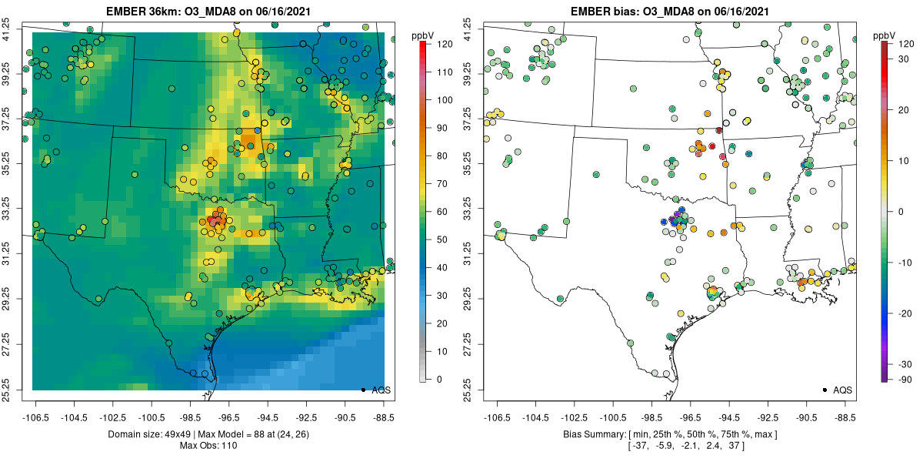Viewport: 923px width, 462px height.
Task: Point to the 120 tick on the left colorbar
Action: click(442, 44)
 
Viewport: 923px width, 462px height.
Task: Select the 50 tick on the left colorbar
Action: click(442, 239)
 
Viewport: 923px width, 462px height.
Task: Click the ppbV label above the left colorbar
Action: click(423, 35)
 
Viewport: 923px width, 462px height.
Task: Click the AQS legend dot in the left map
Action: click(362, 390)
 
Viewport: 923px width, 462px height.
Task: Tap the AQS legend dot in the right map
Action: click(824, 390)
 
